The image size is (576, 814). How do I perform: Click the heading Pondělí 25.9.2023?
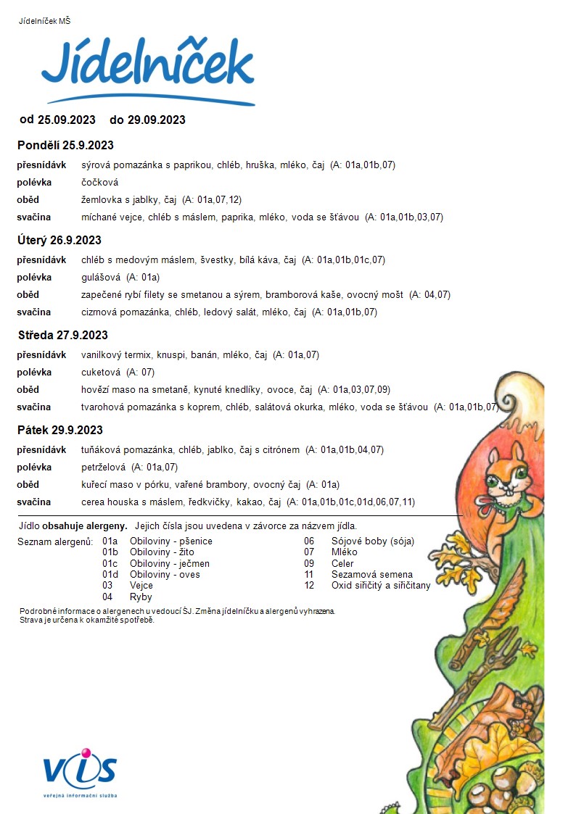(65, 145)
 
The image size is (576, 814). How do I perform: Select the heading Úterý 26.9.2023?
(59, 240)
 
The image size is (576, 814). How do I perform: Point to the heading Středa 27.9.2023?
(62, 335)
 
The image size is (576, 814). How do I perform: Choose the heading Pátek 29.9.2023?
(60, 430)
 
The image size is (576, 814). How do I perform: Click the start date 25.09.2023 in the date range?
(67, 120)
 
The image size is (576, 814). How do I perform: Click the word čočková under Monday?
(99, 182)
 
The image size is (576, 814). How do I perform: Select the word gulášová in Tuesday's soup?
(101, 277)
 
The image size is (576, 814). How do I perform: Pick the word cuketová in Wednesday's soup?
(101, 372)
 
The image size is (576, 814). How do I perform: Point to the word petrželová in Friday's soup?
(104, 467)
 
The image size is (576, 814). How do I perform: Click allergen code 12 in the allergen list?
(309, 586)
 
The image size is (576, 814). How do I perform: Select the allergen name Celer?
(343, 563)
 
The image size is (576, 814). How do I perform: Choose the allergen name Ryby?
(141, 597)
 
